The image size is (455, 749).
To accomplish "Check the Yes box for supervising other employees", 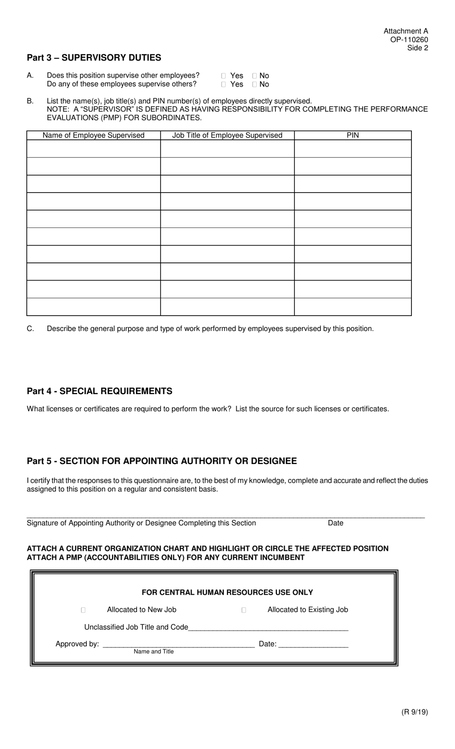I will [x=224, y=76].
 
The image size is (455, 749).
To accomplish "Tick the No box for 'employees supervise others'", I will [x=254, y=84].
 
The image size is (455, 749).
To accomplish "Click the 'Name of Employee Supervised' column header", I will [x=93, y=136].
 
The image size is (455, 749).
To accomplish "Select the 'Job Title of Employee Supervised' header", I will [x=227, y=136].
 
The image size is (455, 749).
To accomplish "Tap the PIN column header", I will [x=353, y=136].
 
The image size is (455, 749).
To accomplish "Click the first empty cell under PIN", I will [x=353, y=149].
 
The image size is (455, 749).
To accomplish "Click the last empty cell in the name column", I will [x=93, y=307].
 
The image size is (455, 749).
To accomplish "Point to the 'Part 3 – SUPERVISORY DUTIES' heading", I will [x=94, y=58].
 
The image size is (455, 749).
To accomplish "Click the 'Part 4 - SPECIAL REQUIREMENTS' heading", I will [x=100, y=391].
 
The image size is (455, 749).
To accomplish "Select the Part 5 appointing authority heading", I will [x=162, y=461].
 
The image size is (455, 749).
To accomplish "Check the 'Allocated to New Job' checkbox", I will [x=83, y=610].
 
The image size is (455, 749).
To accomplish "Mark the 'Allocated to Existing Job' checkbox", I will [x=244, y=610].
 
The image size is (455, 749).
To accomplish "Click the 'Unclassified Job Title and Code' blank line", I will [x=268, y=628].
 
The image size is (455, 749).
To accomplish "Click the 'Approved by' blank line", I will [x=179, y=645].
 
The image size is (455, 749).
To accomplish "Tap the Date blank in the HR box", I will [x=313, y=645].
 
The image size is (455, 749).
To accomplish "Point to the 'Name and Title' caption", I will [x=154, y=652].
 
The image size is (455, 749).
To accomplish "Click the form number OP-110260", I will [x=409, y=40].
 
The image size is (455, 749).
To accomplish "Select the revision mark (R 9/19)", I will [x=415, y=712].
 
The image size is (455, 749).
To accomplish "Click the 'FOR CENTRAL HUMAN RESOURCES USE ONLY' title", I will [x=227, y=592].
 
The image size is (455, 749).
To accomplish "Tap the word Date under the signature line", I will [x=335, y=523].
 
